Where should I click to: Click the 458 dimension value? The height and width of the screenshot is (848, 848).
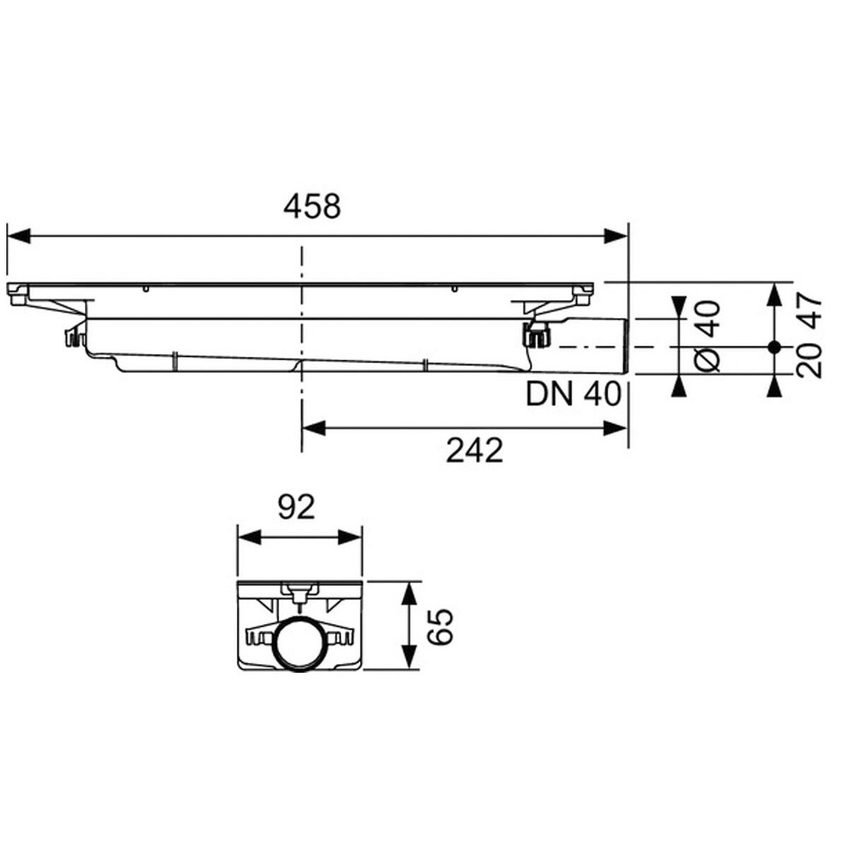point(312,206)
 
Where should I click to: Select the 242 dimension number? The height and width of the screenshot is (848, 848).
point(474,451)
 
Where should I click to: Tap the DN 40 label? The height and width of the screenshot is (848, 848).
point(573,394)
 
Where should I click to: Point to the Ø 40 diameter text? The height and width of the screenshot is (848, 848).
point(707,336)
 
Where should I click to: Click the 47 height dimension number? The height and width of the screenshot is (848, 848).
point(809,312)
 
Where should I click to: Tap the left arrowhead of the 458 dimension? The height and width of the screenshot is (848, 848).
point(19,236)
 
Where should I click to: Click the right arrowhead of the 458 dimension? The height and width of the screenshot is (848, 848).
point(616,236)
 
